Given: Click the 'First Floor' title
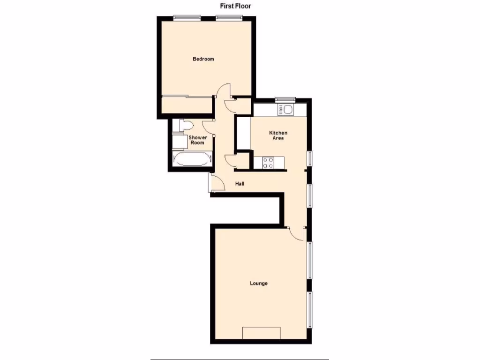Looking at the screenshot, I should (x=236, y=6).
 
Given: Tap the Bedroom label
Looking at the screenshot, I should (x=203, y=59).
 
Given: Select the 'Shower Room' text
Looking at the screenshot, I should (x=197, y=140).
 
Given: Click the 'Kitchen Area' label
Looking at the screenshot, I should (x=278, y=135).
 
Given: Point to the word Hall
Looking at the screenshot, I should (x=240, y=184).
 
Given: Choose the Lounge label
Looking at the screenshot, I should (x=259, y=283).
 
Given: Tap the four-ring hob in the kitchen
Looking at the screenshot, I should (x=268, y=163).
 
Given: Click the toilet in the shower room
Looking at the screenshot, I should (x=184, y=126).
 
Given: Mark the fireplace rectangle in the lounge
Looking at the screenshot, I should (x=261, y=332).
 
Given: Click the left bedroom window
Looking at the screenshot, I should (x=187, y=18).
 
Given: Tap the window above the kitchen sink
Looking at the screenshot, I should (x=285, y=99).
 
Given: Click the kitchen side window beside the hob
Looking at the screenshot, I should (x=310, y=158).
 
